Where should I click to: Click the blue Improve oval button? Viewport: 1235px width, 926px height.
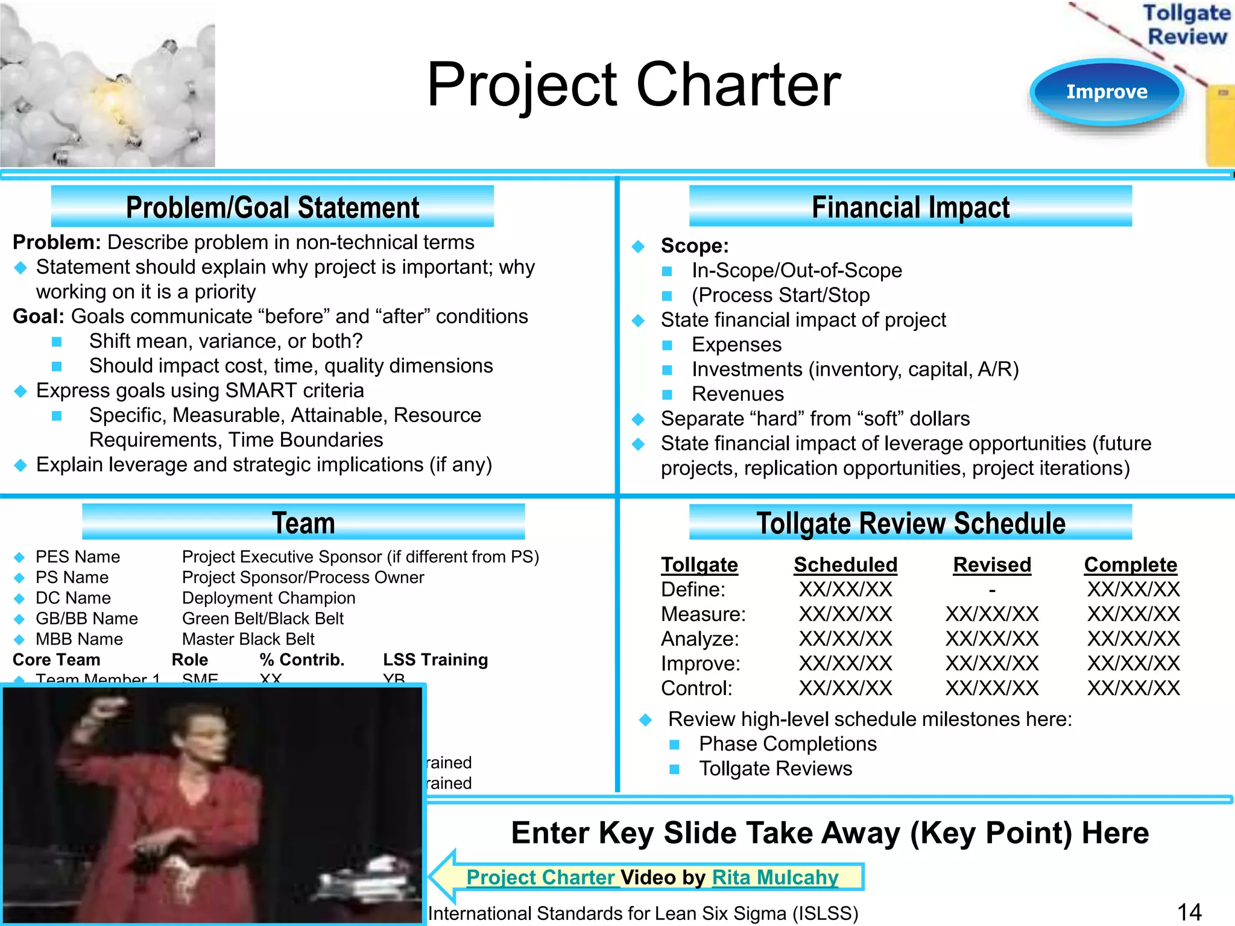1107,92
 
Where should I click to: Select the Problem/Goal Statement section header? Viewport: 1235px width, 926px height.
273,207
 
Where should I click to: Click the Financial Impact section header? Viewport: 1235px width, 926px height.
911,207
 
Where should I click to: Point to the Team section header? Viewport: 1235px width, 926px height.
303,523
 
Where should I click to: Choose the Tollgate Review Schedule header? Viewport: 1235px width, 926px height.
911,523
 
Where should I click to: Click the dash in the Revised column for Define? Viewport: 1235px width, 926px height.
992,590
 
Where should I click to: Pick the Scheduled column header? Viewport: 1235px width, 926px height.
845,565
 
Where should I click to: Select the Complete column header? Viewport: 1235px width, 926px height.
1131,565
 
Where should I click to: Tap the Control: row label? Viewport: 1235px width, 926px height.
696,688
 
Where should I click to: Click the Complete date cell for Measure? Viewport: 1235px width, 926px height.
1134,614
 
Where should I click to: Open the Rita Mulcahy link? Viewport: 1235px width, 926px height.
775,877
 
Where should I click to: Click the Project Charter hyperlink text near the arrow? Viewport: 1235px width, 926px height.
540,877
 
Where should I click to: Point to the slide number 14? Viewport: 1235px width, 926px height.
1189,912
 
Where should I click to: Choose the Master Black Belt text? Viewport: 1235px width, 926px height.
248,639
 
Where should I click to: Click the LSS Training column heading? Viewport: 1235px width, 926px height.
435,660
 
